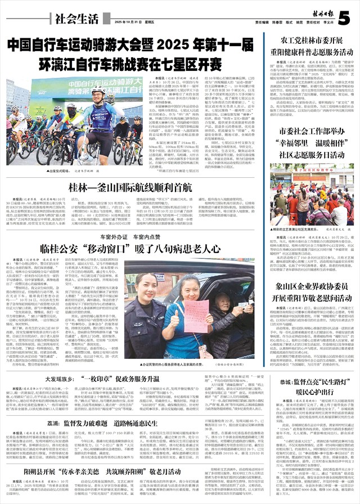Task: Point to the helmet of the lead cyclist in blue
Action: pos(98,91)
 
